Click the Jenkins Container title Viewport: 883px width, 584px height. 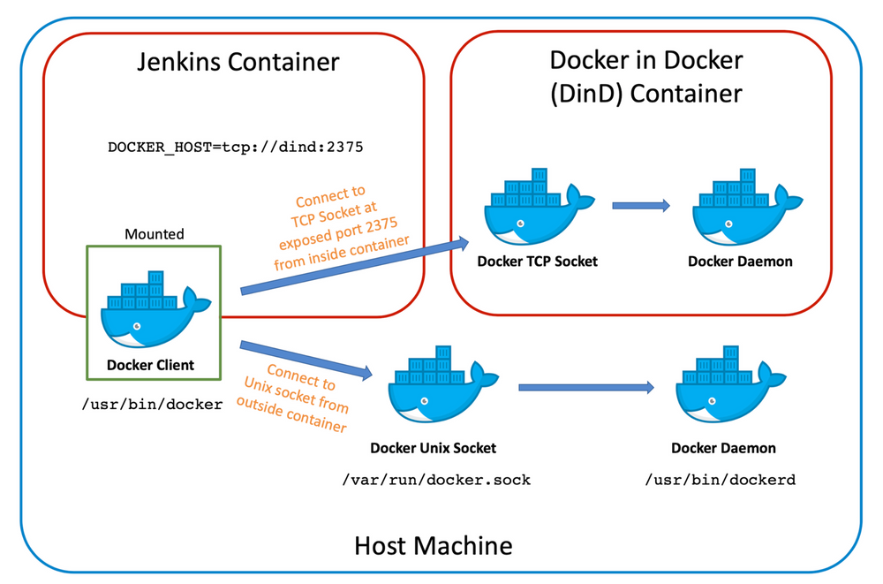pyautogui.click(x=238, y=62)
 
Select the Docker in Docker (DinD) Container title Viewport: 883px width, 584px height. pyautogui.click(x=645, y=76)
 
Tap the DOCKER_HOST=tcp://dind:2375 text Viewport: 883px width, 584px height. pyautogui.click(x=236, y=147)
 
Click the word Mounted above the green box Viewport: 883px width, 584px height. pyautogui.click(x=155, y=234)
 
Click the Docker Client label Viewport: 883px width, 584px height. pyautogui.click(x=150, y=365)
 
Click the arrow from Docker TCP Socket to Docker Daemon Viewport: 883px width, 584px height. pyautogui.click(x=640, y=206)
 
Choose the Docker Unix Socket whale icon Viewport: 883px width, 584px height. pyautogui.click(x=433, y=389)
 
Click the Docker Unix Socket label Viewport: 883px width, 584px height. pyautogui.click(x=433, y=448)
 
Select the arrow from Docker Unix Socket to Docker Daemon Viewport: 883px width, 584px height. pyautogui.click(x=585, y=387)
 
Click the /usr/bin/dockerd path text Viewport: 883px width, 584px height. pyautogui.click(x=721, y=480)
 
